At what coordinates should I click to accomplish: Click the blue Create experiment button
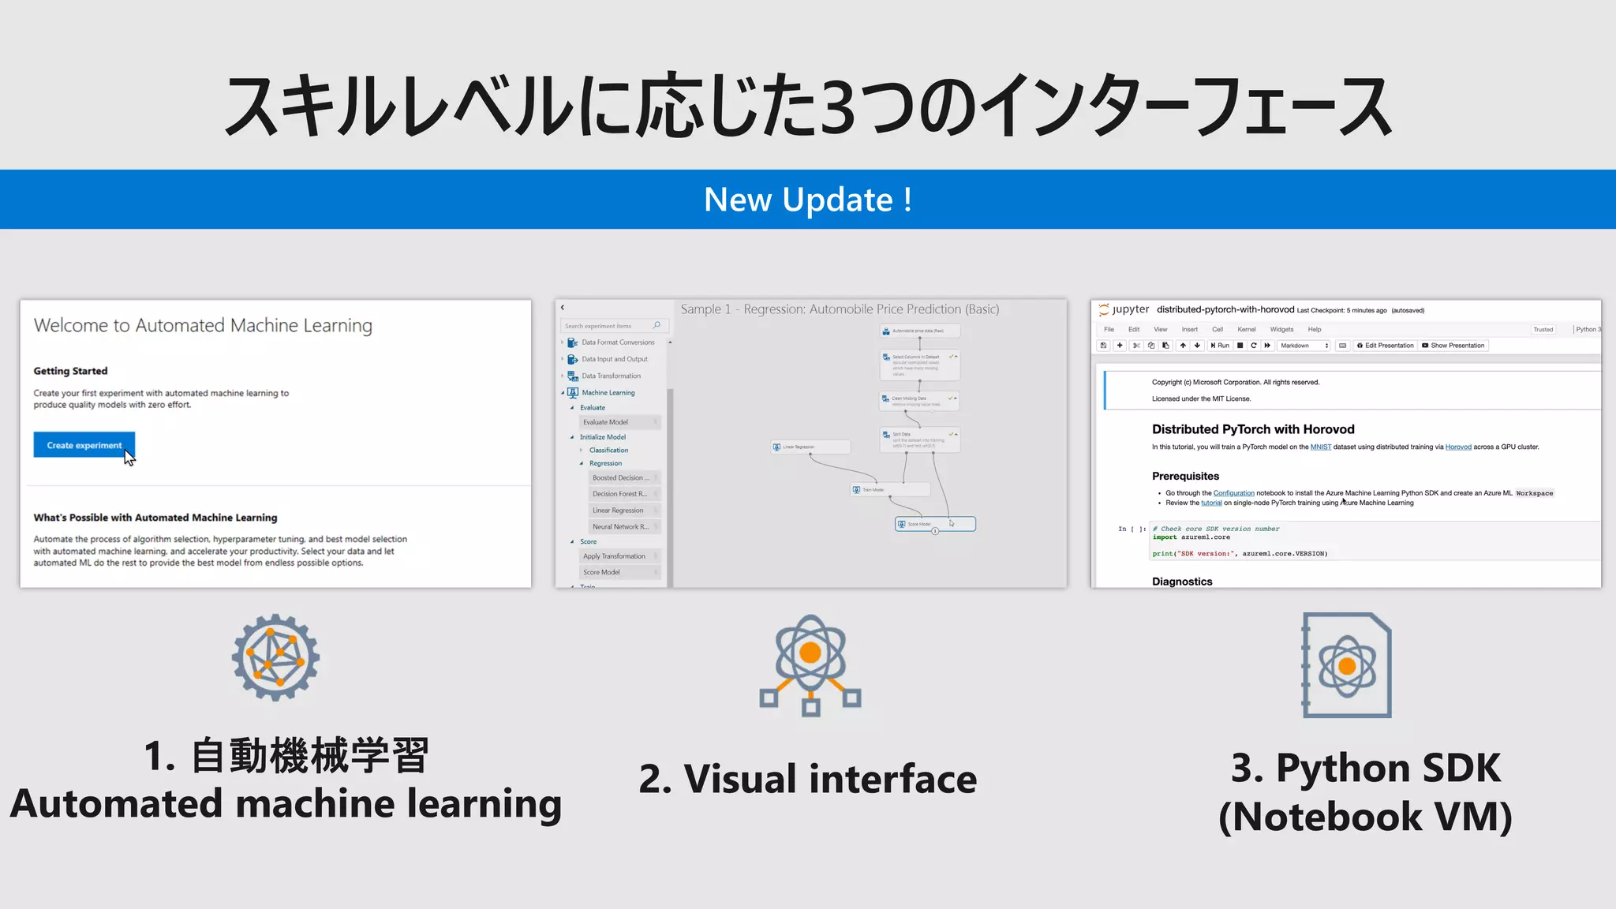point(84,445)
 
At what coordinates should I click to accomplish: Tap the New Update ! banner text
point(808,200)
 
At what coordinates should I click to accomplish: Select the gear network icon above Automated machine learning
point(275,658)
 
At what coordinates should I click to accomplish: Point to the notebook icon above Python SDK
point(1347,665)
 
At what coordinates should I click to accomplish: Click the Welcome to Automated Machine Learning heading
point(203,326)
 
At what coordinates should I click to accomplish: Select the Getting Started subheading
point(70,371)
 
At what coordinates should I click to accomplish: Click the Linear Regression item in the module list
point(618,511)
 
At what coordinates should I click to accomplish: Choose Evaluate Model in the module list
point(606,422)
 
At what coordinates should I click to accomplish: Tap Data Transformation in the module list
point(612,376)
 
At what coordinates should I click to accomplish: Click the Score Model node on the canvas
point(935,524)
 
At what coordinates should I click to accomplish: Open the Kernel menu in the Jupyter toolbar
point(1247,330)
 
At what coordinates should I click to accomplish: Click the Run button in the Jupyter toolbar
point(1220,346)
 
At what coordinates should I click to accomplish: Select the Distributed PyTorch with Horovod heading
point(1253,429)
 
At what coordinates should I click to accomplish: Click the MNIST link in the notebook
point(1321,447)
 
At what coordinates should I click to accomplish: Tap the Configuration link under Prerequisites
point(1233,493)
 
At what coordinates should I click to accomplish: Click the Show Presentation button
point(1453,346)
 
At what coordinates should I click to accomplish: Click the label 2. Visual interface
point(808,779)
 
